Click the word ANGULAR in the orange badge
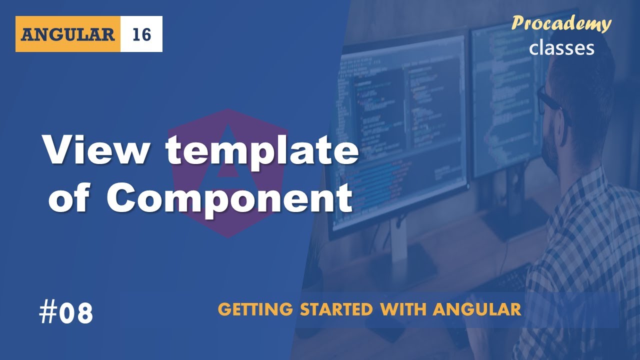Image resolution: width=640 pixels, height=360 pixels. point(68,34)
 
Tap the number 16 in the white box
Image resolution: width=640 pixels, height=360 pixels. point(141,34)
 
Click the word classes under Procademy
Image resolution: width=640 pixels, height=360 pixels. point(561,47)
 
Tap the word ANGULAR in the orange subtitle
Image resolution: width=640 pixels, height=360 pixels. point(477,309)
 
